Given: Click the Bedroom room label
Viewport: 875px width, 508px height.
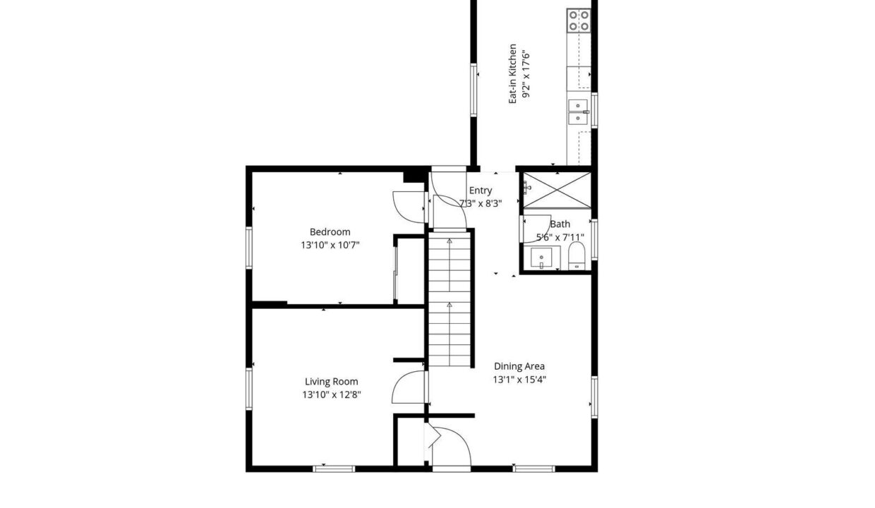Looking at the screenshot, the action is point(330,232).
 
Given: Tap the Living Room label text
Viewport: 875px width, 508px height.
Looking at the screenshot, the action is point(331,382).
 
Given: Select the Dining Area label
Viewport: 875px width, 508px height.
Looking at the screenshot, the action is point(519,366).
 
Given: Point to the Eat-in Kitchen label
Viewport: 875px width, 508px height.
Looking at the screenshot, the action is point(512,74).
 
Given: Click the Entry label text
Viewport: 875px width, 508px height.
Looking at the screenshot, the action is point(481,190).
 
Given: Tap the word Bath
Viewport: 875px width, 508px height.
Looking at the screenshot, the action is point(560,224).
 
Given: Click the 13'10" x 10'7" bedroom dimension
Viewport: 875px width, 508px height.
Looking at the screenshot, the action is point(330,246).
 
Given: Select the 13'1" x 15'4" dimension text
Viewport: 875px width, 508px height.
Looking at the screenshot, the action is point(519,380).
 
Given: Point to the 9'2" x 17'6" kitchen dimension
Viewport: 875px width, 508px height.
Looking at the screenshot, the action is point(526,74).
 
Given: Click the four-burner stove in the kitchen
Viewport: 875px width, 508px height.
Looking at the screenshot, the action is point(579,20).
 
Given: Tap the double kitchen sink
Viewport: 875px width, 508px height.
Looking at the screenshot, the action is point(578,112).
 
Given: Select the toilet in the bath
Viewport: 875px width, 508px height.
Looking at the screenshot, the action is point(577,255).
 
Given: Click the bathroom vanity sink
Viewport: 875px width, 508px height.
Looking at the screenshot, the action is point(541,258).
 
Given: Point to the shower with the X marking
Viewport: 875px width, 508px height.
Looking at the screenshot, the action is point(557,190).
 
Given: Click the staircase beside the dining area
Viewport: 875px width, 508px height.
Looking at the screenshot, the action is point(449,299).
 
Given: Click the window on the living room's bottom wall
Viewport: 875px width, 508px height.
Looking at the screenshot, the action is point(334,468).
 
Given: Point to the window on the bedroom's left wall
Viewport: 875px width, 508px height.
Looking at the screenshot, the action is point(249,248).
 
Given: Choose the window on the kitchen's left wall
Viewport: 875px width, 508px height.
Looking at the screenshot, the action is point(473,90).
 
